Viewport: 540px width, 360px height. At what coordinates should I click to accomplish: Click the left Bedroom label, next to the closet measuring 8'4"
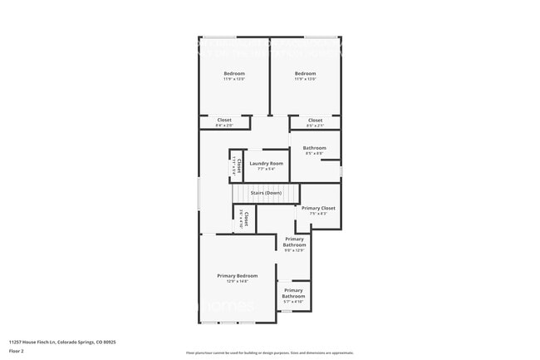[234, 74]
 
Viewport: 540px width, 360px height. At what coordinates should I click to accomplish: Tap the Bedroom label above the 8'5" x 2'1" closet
[305, 74]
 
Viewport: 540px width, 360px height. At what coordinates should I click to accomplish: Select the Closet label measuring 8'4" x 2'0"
[224, 120]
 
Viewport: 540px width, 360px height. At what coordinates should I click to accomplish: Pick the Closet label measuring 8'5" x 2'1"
[315, 120]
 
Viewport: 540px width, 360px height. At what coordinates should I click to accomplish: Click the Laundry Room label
[266, 163]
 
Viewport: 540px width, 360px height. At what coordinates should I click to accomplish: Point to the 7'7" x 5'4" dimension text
[266, 169]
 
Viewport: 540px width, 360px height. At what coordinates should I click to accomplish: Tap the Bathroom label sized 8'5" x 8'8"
[315, 148]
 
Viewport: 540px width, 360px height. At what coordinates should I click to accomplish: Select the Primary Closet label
[318, 208]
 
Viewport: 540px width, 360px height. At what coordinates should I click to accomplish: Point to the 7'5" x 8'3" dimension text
[318, 214]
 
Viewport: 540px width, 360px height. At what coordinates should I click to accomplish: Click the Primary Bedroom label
[238, 275]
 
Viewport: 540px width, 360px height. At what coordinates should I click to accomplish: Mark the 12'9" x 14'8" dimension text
[238, 281]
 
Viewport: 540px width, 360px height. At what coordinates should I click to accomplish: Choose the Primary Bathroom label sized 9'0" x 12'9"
[294, 242]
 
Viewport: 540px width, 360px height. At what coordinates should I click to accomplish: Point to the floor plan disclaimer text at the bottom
[270, 353]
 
